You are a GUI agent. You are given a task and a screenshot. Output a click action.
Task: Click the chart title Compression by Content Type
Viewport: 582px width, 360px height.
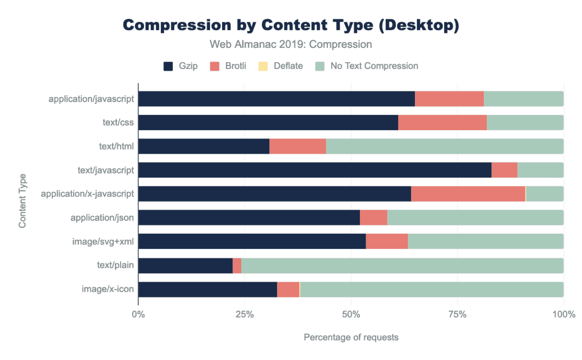[291, 25]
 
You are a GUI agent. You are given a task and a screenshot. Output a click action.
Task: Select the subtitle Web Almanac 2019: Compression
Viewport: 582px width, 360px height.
[291, 44]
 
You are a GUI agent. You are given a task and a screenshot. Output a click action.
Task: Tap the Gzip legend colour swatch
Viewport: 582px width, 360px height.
[168, 66]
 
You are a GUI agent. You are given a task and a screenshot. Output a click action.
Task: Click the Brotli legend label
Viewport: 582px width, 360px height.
[235, 66]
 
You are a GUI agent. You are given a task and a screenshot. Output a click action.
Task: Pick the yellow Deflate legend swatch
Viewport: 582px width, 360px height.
[263, 66]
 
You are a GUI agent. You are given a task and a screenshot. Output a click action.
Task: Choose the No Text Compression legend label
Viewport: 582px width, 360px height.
[374, 66]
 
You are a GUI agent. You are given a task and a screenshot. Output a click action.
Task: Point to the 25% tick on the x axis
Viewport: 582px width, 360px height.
[245, 314]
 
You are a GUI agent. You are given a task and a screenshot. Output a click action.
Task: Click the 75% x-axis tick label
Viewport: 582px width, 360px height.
[457, 314]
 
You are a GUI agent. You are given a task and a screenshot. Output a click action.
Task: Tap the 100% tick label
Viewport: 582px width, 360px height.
[564, 314]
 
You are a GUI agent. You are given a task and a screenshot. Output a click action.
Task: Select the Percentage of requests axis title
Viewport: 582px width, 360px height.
[351, 337]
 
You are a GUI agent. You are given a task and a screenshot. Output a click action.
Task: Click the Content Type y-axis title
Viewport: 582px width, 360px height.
[22, 201]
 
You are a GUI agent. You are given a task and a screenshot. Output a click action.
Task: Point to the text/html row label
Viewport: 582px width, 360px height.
[116, 146]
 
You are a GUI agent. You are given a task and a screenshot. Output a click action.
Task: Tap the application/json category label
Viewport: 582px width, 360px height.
[102, 218]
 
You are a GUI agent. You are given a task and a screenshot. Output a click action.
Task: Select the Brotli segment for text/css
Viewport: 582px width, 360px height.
[442, 123]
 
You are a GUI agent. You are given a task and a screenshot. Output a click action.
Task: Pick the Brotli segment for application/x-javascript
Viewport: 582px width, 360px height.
[468, 194]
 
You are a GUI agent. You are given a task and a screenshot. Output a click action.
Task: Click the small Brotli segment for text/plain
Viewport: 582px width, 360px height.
[237, 266]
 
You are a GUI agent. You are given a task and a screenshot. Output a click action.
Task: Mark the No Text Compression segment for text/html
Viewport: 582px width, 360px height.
[445, 146]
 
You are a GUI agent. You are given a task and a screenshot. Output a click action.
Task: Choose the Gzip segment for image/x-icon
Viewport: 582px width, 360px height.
[208, 290]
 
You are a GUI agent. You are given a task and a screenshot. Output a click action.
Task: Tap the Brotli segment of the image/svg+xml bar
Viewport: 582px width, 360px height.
[387, 241]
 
